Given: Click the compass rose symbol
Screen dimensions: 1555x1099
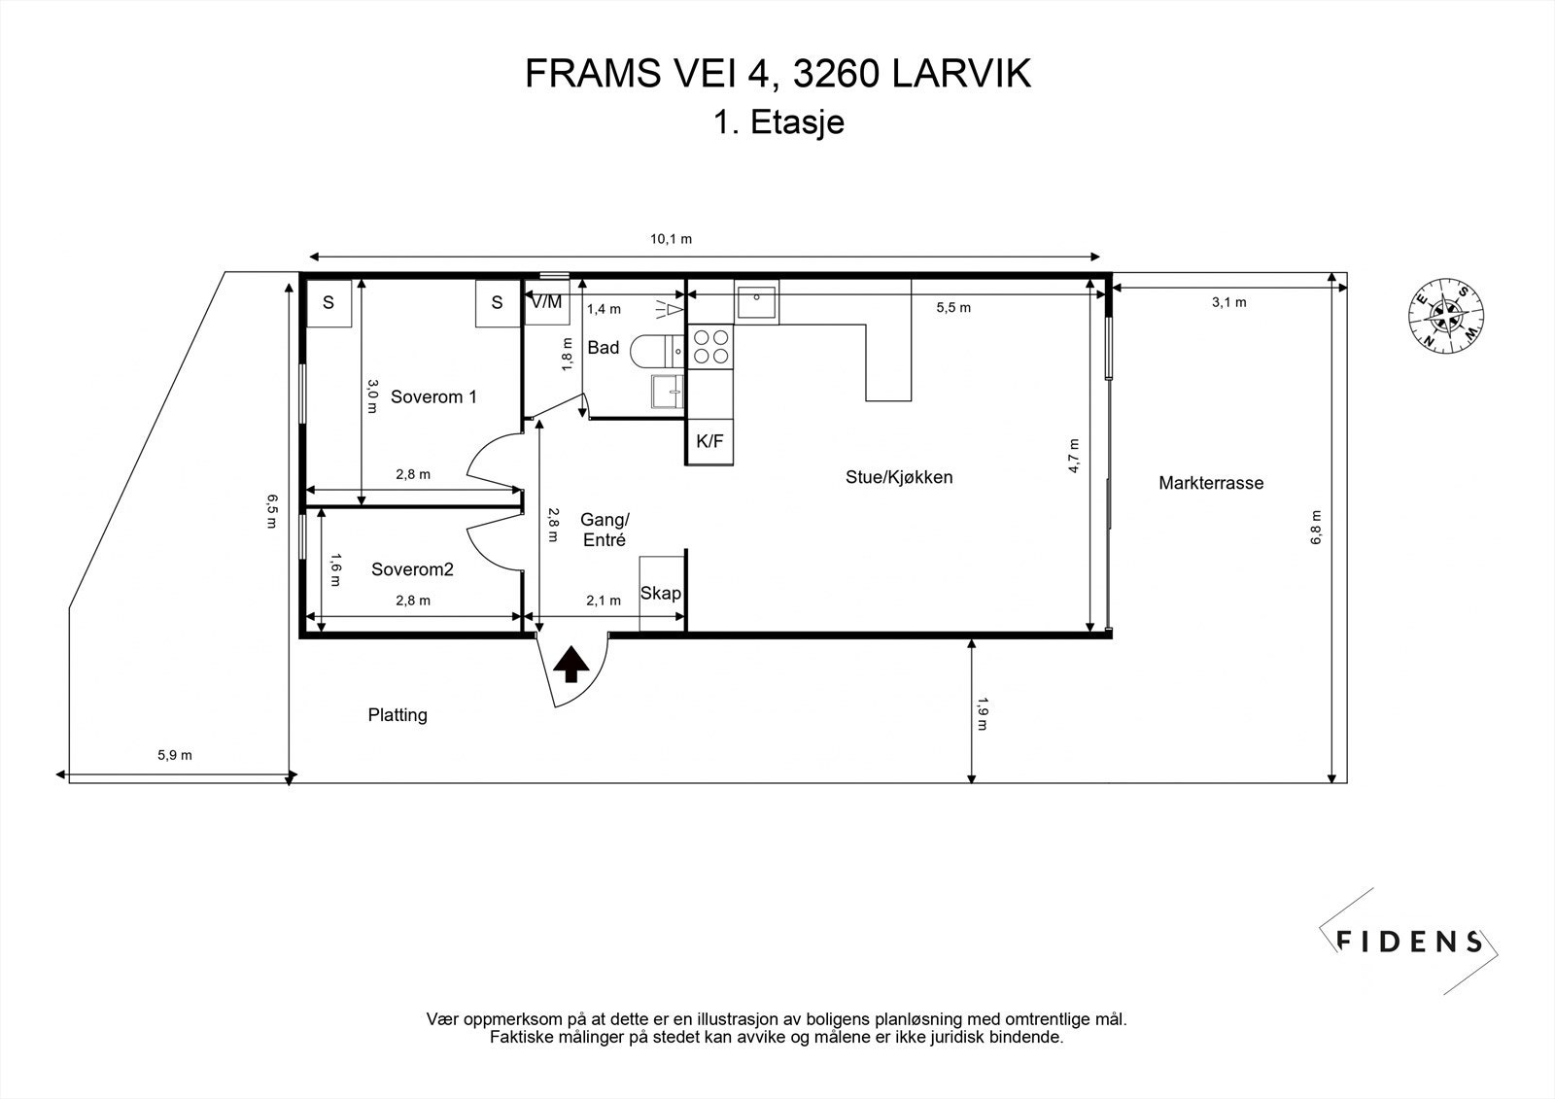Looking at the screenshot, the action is (1446, 315).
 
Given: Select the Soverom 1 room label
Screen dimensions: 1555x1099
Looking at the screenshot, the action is (433, 396).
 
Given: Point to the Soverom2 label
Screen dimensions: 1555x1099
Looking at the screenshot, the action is (412, 569).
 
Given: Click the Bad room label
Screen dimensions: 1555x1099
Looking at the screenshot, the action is (604, 347).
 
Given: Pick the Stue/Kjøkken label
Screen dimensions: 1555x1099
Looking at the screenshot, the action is (899, 477).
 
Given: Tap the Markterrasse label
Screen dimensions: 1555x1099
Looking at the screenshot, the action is (1211, 483).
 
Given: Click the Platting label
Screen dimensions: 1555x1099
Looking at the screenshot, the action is (397, 714).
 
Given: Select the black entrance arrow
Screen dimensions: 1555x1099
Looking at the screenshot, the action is (571, 665).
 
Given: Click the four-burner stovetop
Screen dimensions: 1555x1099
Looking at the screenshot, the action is (710, 347).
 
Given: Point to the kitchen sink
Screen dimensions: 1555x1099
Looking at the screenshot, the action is (756, 303).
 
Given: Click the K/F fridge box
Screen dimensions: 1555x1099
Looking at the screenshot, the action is (709, 441).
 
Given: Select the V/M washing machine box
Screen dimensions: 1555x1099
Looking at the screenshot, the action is (547, 302).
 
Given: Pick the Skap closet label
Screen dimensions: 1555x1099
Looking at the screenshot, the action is (661, 593).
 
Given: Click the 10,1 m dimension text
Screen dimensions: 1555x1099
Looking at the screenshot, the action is (671, 239).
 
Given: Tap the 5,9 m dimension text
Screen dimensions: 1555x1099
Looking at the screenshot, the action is (175, 755).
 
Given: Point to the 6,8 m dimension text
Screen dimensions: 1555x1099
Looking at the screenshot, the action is (1316, 527).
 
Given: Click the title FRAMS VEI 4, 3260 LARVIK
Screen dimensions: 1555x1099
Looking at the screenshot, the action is (777, 73).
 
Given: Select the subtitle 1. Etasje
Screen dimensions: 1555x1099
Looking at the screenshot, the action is (778, 122).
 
